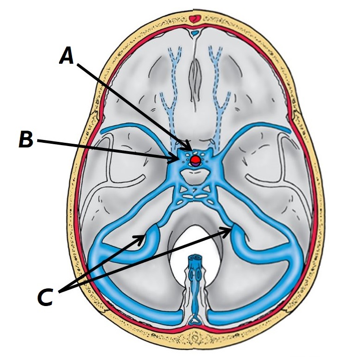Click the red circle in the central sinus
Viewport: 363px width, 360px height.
195,160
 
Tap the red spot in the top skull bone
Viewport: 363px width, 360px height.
194,19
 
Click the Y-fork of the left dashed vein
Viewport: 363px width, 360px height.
174,58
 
